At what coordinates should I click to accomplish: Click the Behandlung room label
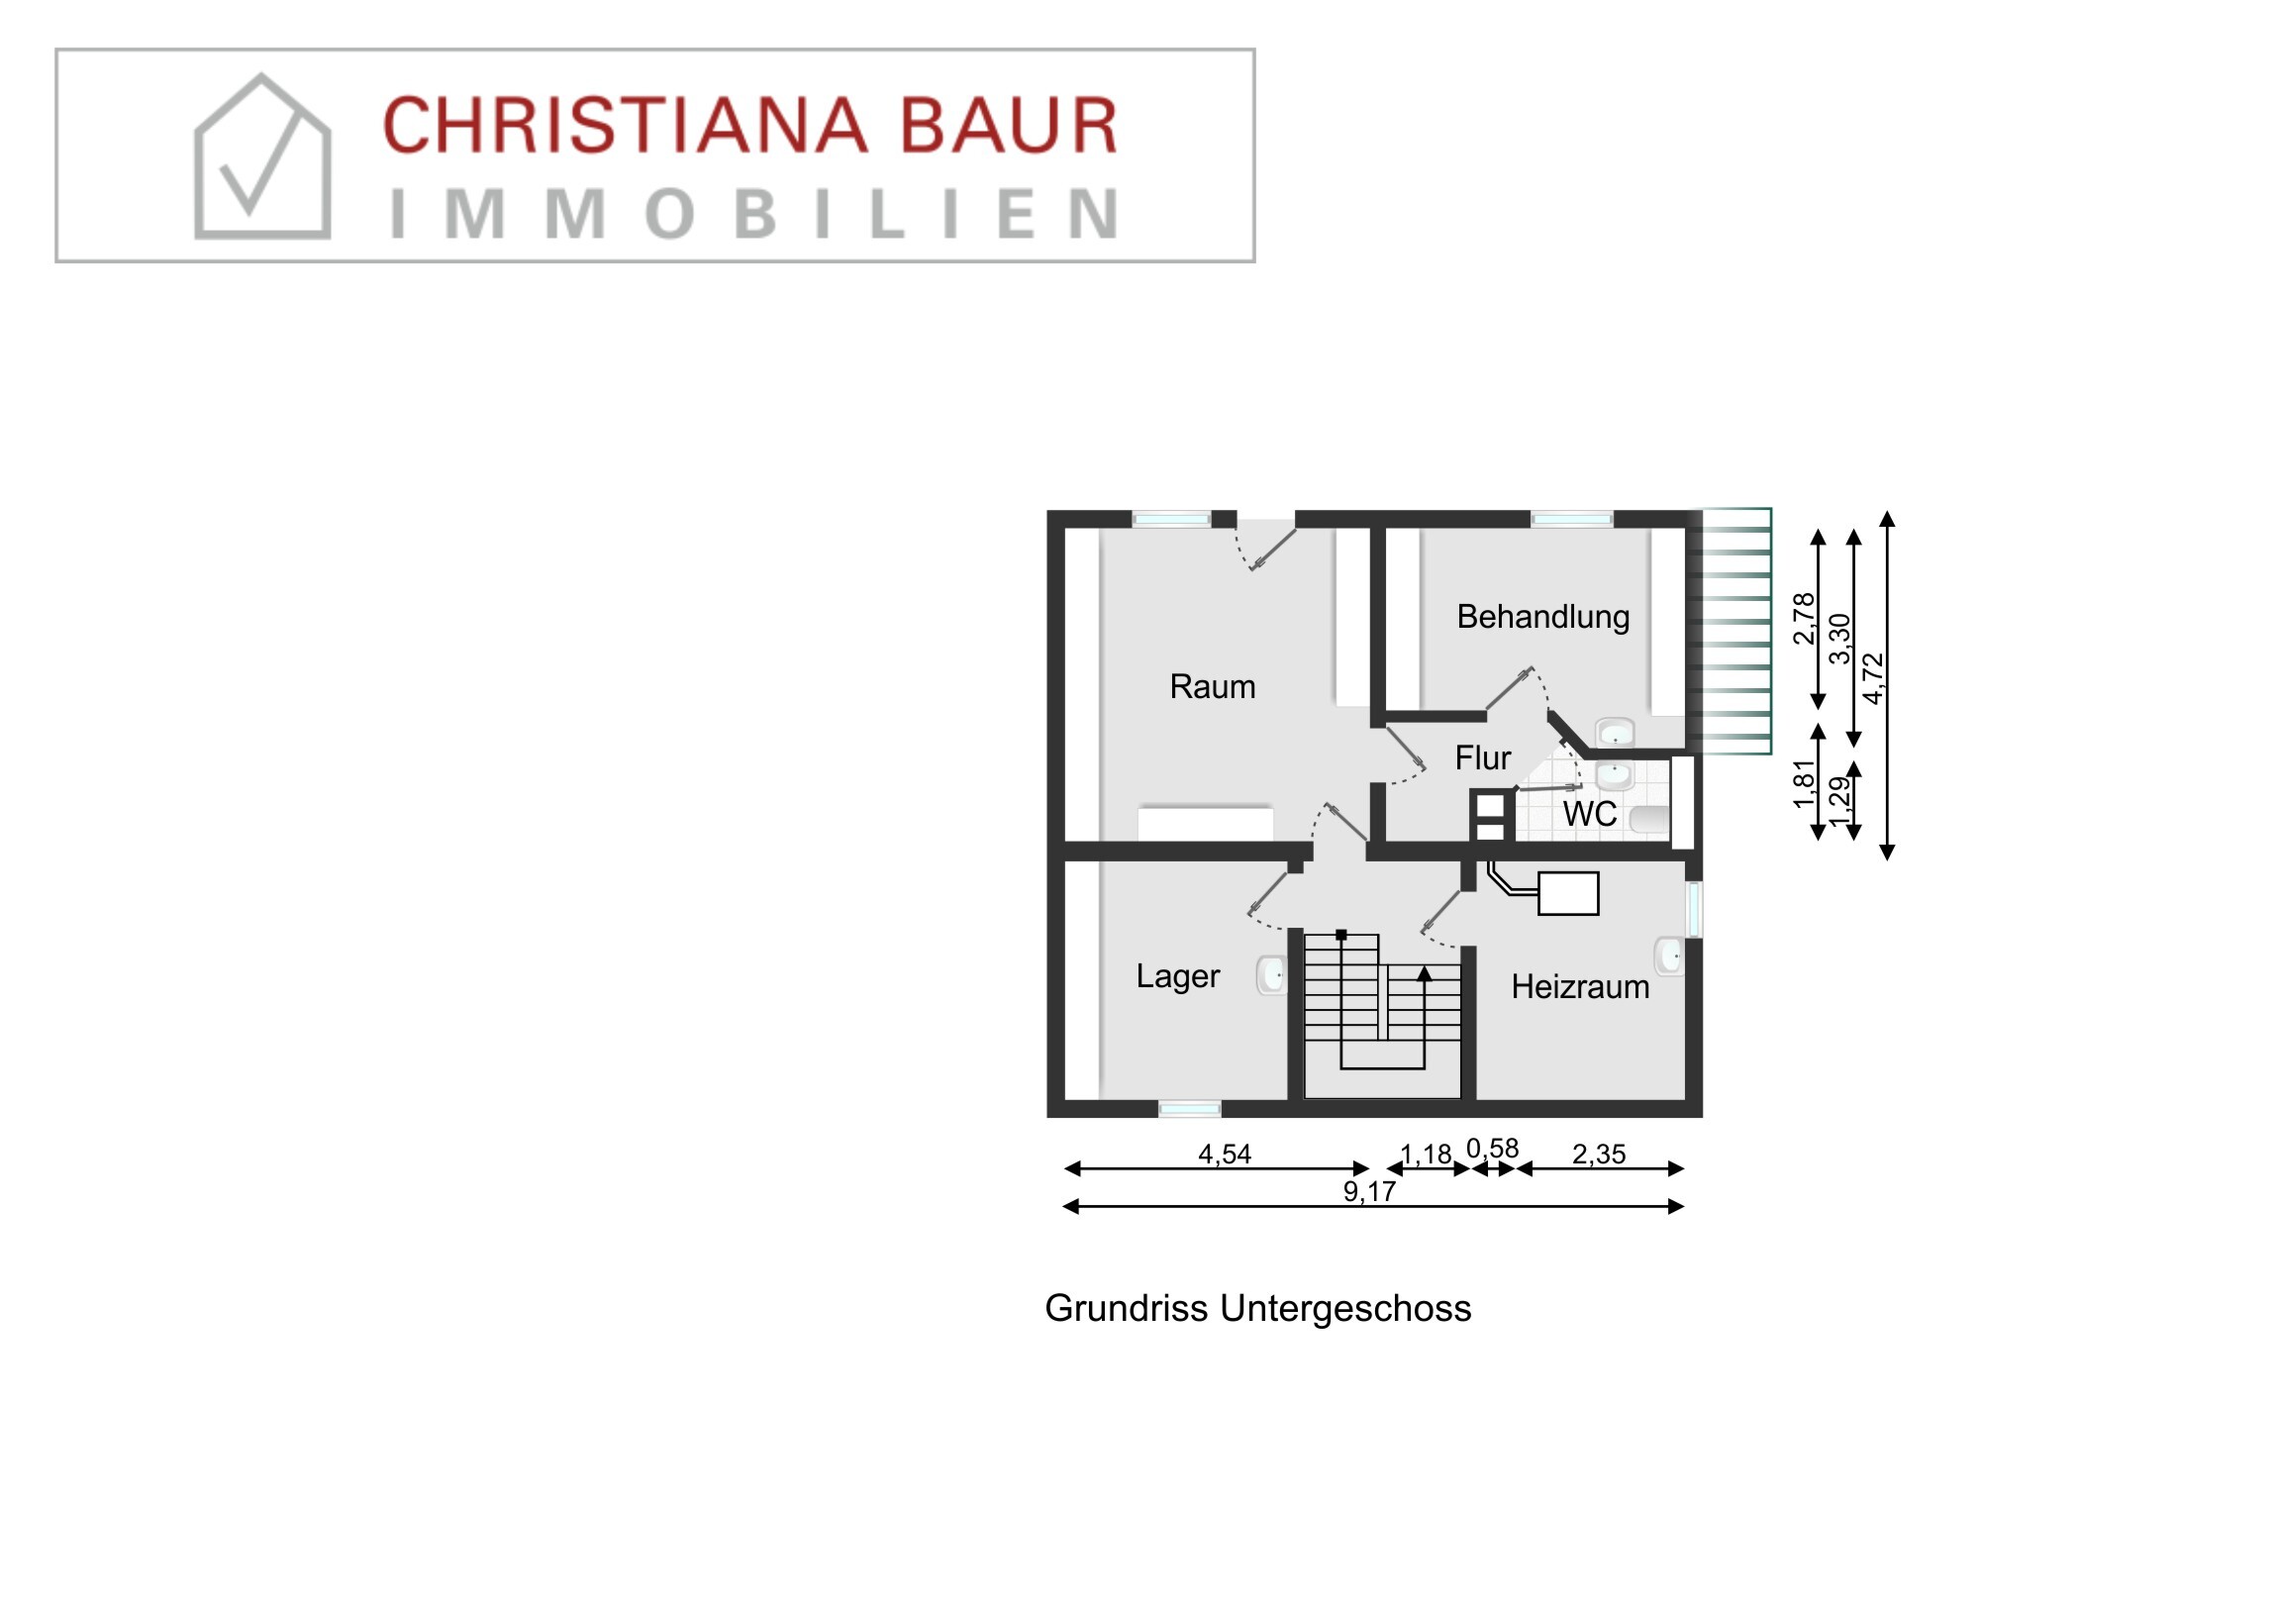click(1542, 617)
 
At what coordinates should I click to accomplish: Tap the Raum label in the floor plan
click(1212, 686)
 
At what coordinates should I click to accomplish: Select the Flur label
click(1483, 757)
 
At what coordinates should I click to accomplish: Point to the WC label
click(1589, 815)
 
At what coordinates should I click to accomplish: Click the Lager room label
click(1177, 976)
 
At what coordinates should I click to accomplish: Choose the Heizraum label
click(1580, 987)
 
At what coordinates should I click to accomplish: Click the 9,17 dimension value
click(1369, 1192)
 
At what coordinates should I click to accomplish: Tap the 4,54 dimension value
click(1225, 1155)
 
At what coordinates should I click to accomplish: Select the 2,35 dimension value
click(1599, 1155)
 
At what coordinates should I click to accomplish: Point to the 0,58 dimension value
click(1493, 1149)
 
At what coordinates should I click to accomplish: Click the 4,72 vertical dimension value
click(1873, 678)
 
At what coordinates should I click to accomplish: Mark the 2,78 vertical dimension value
click(1804, 618)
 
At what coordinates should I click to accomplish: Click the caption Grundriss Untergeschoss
click(1257, 1308)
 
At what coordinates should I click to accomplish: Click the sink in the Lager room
click(1271, 975)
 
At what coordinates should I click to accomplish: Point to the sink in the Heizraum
click(1668, 956)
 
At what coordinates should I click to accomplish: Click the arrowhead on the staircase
click(1425, 974)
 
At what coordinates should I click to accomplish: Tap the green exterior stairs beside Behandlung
click(1735, 631)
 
